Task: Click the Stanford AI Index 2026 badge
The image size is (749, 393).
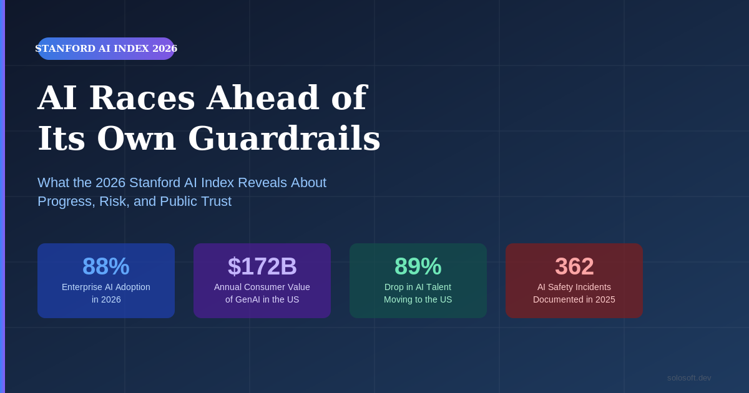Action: (106, 49)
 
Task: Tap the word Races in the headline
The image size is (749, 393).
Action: (142, 97)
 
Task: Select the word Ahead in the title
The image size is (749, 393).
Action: (263, 97)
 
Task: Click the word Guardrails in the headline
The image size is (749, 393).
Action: (284, 138)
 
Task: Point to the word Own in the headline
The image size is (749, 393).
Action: (137, 138)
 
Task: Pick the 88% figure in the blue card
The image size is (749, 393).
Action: (106, 266)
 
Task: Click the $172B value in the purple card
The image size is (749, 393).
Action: (262, 266)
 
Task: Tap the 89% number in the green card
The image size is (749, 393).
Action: (418, 266)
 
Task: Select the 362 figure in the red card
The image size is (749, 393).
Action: (574, 266)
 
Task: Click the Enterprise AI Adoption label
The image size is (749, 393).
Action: (106, 287)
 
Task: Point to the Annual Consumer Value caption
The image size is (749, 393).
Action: (262, 287)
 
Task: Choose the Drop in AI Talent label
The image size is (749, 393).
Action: (418, 287)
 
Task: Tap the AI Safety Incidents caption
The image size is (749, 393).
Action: (574, 287)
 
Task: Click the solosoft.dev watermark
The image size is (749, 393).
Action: (689, 377)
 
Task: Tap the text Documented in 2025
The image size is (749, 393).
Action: (574, 299)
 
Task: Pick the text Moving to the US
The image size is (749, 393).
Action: (418, 299)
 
